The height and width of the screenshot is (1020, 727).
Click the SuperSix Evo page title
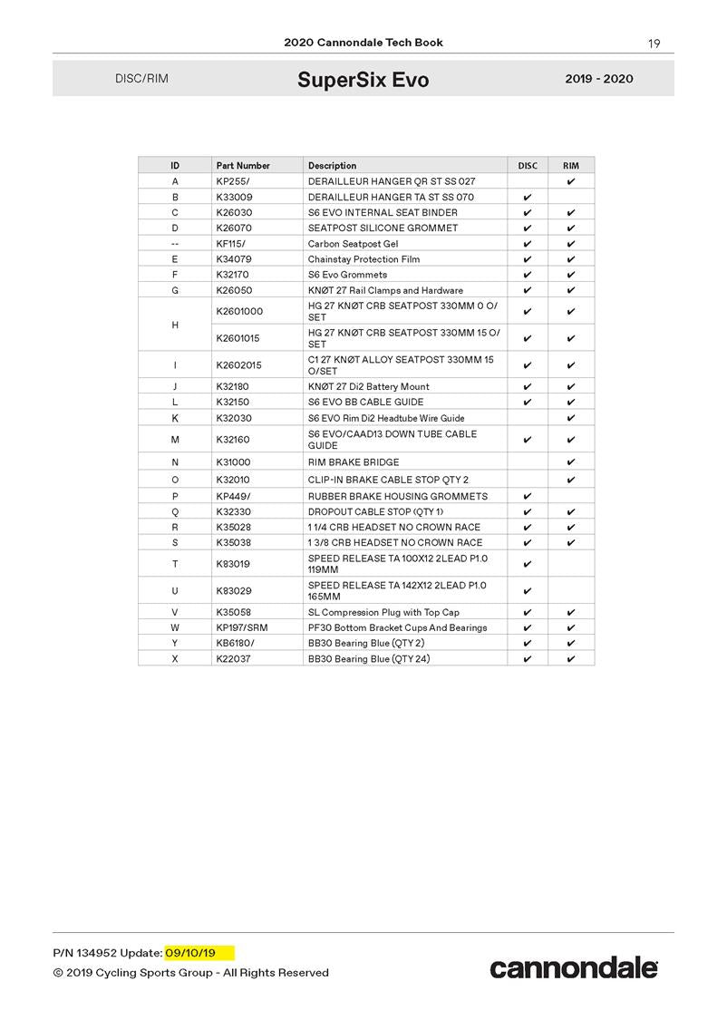click(x=363, y=80)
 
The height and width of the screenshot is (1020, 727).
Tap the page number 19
click(x=654, y=44)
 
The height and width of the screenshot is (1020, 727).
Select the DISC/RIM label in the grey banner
click(x=141, y=79)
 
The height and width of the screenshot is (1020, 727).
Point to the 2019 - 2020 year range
click(x=598, y=79)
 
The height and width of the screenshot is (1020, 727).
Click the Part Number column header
click(x=243, y=166)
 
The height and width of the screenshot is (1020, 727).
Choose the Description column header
click(x=332, y=166)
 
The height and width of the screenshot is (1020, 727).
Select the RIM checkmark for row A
click(x=571, y=181)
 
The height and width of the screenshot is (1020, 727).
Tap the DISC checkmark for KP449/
click(x=528, y=496)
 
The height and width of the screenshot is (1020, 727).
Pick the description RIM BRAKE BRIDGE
click(x=354, y=462)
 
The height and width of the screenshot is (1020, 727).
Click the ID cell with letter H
click(x=175, y=325)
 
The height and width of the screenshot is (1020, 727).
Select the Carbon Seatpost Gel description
click(x=353, y=244)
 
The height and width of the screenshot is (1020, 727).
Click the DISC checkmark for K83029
click(x=528, y=591)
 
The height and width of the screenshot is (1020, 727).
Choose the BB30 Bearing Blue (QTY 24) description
click(x=368, y=658)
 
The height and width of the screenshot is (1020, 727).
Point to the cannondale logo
click(x=574, y=968)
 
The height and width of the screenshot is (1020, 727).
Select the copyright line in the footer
click(x=190, y=973)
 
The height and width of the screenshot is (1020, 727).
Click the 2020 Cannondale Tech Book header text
click(x=363, y=43)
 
